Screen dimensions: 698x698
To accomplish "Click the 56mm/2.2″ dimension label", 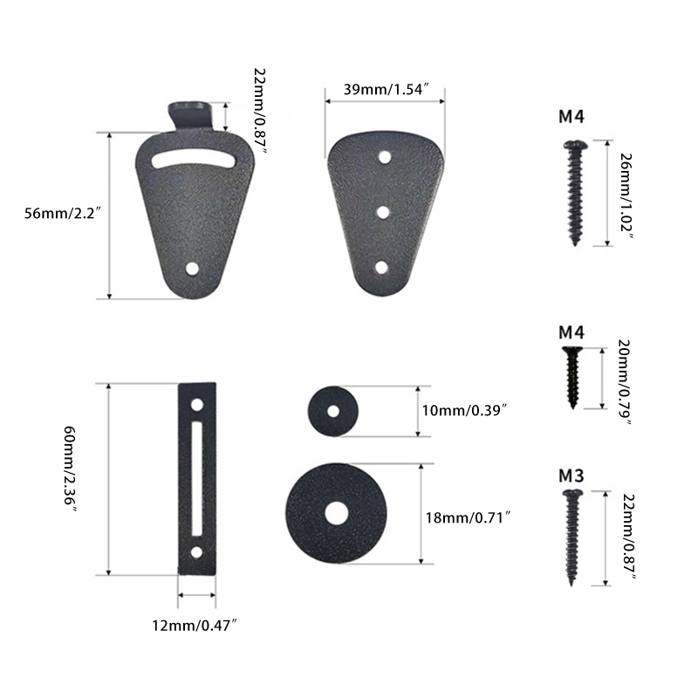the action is (x=60, y=214).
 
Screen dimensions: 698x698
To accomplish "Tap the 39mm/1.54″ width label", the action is (x=386, y=89).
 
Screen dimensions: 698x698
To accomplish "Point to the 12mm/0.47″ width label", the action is (x=194, y=626).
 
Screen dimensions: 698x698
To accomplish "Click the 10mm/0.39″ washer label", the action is (x=465, y=410).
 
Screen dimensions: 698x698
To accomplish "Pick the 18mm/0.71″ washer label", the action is (x=468, y=517).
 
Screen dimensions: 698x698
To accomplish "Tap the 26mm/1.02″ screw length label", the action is (x=626, y=195).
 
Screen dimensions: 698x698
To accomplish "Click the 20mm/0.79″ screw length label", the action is (x=625, y=382).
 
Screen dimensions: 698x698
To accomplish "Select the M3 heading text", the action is (x=571, y=476).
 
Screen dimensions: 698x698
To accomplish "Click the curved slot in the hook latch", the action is (x=193, y=161).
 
